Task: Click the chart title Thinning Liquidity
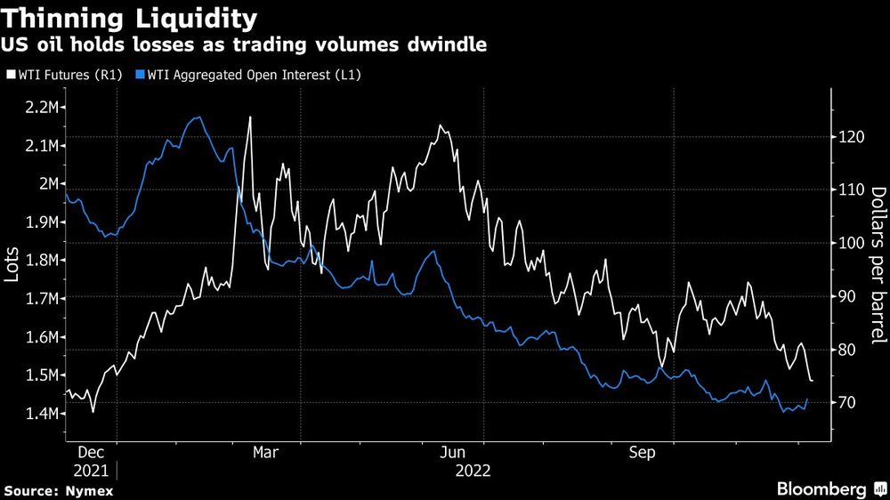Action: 132,17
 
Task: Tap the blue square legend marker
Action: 140,75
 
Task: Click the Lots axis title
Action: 12,264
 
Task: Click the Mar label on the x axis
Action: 266,453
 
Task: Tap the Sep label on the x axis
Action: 643,453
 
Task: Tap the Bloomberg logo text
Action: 822,489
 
